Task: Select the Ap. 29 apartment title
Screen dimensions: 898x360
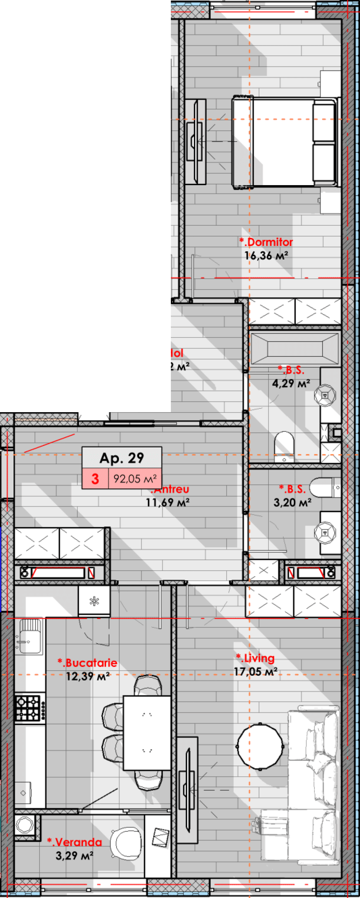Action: point(122,458)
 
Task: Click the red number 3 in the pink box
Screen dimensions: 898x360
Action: point(95,479)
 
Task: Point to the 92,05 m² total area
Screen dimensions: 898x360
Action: point(135,479)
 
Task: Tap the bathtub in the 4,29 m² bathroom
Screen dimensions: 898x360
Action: point(295,348)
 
